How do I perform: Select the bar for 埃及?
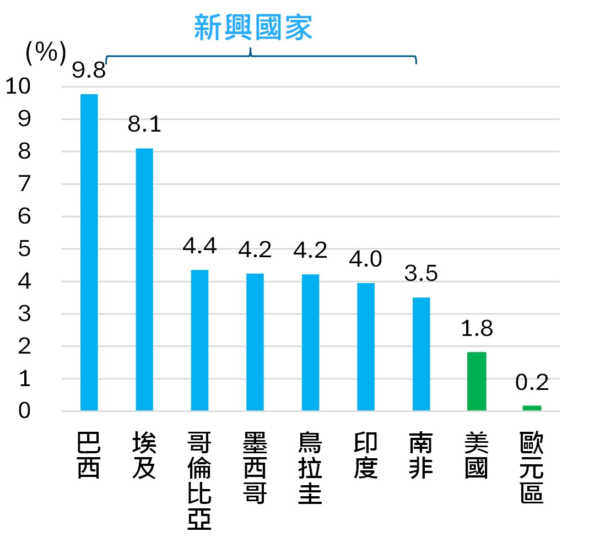[144, 279]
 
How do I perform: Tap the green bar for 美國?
[477, 381]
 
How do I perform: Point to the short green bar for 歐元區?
[532, 408]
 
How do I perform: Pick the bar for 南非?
[421, 354]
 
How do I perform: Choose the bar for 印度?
[366, 346]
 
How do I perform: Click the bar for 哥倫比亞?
[199, 340]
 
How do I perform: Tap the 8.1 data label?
[144, 124]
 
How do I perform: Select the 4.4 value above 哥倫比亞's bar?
[199, 246]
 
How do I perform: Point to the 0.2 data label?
[532, 382]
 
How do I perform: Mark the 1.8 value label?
[477, 328]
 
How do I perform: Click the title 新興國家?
[253, 28]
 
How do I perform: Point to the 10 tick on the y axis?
[18, 86]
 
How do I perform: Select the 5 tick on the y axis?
[24, 249]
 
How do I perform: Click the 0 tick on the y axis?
[24, 411]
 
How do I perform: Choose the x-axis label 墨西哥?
[255, 468]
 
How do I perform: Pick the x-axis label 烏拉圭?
[310, 468]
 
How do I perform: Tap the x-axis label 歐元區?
[532, 468]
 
